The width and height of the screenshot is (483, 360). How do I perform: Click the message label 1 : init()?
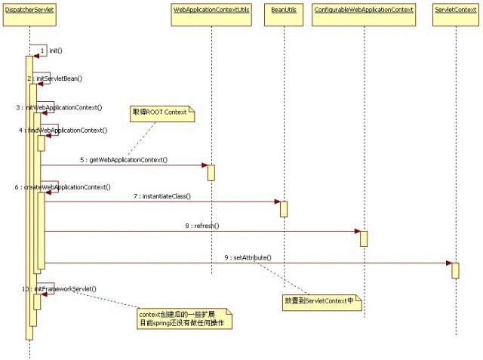[x=51, y=51]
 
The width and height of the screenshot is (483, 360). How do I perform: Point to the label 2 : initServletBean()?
[x=56, y=78]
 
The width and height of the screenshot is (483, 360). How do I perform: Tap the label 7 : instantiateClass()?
[x=162, y=196]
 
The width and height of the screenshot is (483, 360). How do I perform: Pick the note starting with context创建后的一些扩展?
[x=184, y=318]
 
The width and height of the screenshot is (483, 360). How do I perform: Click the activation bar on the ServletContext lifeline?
[x=456, y=270]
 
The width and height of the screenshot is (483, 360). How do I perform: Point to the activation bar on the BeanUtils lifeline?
[x=284, y=208]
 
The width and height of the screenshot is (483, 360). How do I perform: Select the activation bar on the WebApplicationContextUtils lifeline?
[x=211, y=172]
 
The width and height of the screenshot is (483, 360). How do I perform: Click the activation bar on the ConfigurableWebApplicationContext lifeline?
[x=364, y=238]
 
